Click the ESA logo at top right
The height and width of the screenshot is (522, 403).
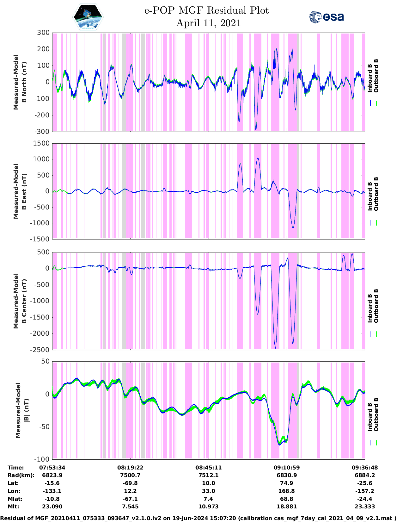326,17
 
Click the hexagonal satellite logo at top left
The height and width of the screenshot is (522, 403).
88,17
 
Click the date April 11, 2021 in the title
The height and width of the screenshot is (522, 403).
208,23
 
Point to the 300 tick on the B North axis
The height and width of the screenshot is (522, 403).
43,33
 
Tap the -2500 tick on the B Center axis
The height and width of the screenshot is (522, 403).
40,350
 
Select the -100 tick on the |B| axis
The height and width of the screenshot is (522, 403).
42,459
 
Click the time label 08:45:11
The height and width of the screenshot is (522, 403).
208,468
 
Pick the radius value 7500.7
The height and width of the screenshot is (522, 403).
130,475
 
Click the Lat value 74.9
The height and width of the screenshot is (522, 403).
286,483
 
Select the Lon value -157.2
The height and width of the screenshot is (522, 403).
364,491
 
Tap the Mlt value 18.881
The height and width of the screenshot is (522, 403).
286,506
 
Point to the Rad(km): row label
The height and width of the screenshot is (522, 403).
21,475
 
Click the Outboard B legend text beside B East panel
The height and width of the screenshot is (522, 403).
376,194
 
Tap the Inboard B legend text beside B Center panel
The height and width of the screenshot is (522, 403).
370,308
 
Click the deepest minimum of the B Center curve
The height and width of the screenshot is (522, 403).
275,348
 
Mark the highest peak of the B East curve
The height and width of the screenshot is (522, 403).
258,158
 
